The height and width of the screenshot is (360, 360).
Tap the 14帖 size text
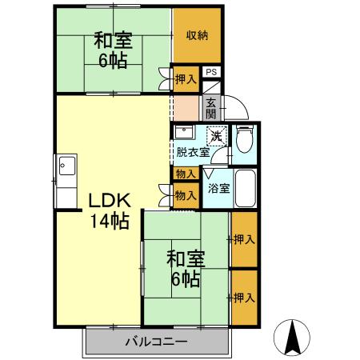point(107,222)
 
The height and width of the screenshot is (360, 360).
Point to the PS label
point(211,72)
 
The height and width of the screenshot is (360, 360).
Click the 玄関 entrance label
point(210,107)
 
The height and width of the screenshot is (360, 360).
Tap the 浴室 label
point(219,189)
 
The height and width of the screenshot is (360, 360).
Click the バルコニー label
point(156,342)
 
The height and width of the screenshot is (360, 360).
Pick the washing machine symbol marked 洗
point(216,135)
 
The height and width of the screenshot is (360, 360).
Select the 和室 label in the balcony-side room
point(186,259)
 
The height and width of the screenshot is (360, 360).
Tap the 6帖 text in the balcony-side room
point(186,279)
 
